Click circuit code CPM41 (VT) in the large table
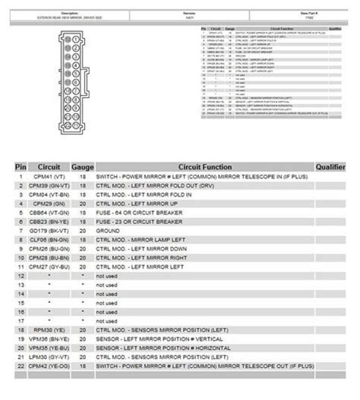tap(48, 177)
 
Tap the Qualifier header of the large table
tap(332, 165)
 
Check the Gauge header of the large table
tap(81, 165)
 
